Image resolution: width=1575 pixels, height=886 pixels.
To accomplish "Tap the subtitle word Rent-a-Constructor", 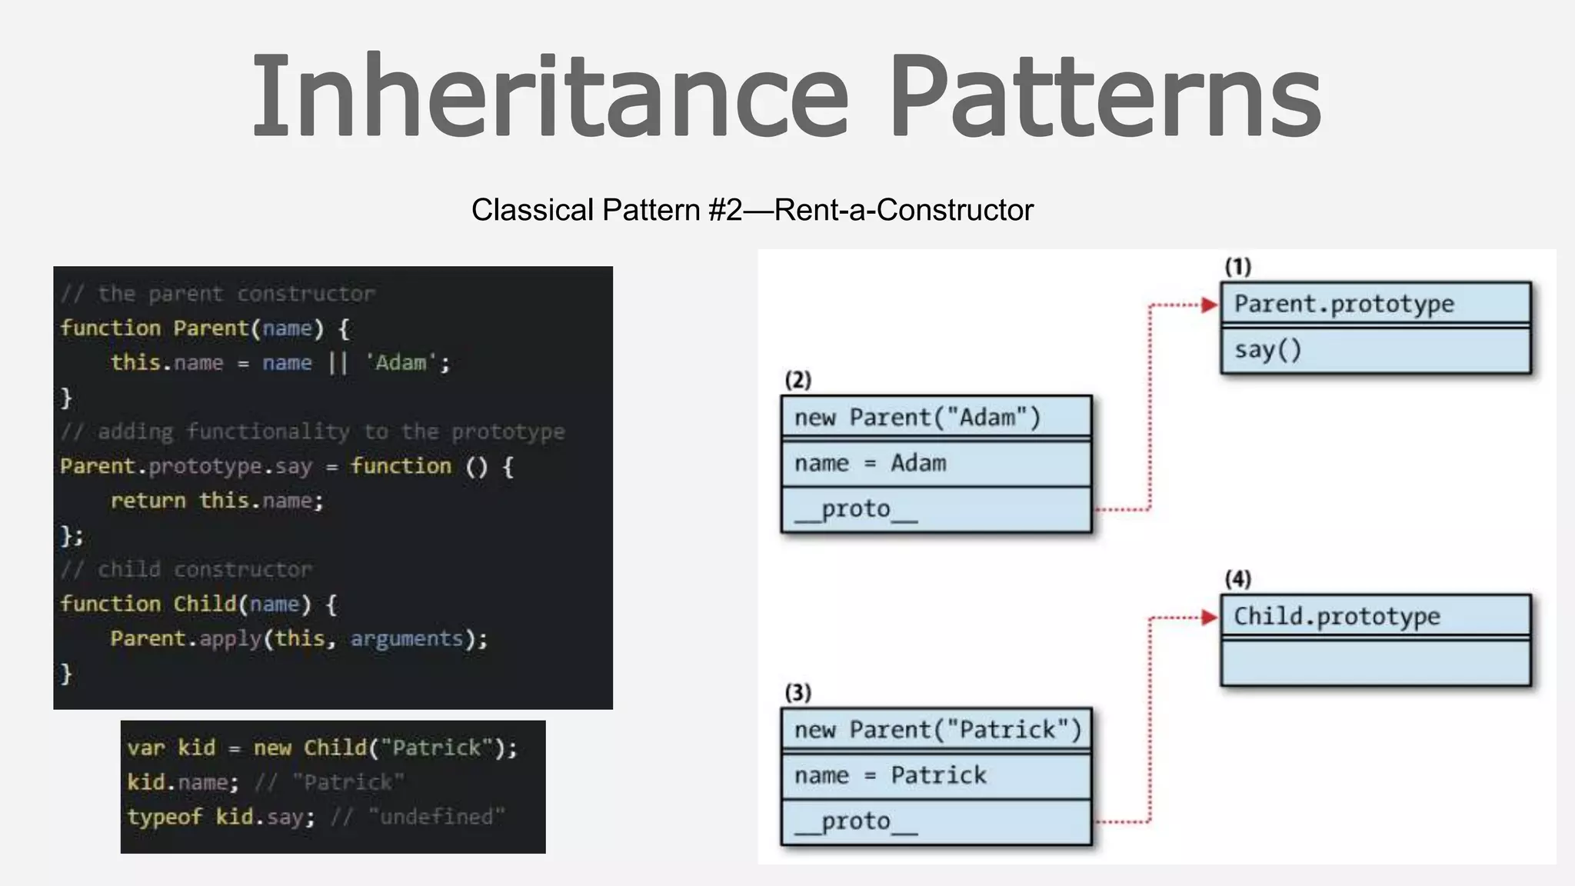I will [904, 210].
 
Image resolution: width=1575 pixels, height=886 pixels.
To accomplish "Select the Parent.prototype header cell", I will [1375, 304].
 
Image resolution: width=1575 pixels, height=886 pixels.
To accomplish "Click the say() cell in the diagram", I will [1375, 351].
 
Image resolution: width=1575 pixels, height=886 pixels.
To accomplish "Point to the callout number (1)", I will [1238, 266].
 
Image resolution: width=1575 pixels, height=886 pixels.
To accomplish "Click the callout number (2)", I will [798, 380].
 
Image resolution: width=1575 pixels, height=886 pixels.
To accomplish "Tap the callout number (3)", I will [798, 692].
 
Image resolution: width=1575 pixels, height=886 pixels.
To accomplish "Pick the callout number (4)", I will [1238, 578].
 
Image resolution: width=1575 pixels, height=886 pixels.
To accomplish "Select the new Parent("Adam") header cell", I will [936, 418].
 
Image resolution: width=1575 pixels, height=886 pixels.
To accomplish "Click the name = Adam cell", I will [936, 464].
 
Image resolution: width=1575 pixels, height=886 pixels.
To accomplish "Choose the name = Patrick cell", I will [936, 775].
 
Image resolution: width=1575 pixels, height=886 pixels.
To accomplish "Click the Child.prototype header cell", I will [1375, 616].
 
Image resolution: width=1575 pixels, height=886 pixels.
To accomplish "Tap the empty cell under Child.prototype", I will [1375, 662].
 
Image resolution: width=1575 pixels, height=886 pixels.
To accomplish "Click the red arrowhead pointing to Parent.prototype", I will [1210, 305].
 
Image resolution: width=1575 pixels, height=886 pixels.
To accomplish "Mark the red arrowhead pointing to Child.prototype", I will [1210, 618].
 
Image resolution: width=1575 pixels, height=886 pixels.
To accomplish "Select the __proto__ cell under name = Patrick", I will [936, 821].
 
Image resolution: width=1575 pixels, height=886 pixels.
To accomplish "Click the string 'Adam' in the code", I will [401, 362].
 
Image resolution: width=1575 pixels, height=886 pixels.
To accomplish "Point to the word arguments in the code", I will [407, 638].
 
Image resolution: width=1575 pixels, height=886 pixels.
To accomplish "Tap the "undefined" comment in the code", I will [436, 816].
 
